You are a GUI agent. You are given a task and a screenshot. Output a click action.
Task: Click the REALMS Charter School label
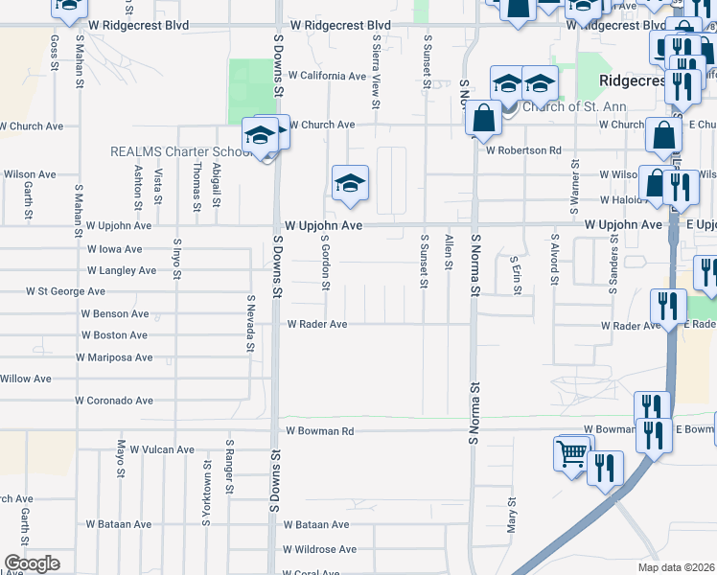pos(180,151)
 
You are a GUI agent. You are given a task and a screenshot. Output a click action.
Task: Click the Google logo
pos(32,563)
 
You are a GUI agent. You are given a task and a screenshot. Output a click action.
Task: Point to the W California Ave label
pos(327,75)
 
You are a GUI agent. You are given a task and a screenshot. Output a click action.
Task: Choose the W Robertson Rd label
pos(522,150)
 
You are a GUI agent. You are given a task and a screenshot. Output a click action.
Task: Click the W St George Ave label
pos(65,290)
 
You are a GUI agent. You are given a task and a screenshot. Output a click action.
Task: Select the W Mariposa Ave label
pos(116,357)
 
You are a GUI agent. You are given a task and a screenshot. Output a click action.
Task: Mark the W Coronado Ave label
pos(115,400)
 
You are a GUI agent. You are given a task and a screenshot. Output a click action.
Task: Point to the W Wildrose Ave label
pos(318,549)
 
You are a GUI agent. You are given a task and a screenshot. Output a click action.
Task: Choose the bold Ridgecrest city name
pos(632,81)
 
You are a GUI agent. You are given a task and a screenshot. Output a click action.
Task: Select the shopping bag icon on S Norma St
pos(485,119)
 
